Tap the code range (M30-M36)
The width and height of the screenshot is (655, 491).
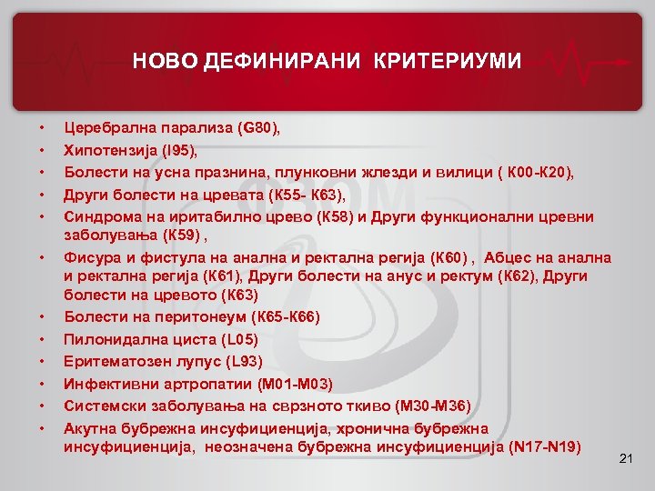pyautogui.click(x=429, y=405)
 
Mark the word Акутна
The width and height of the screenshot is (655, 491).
pyautogui.click(x=89, y=427)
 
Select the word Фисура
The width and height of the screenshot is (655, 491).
pyautogui.click(x=89, y=258)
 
